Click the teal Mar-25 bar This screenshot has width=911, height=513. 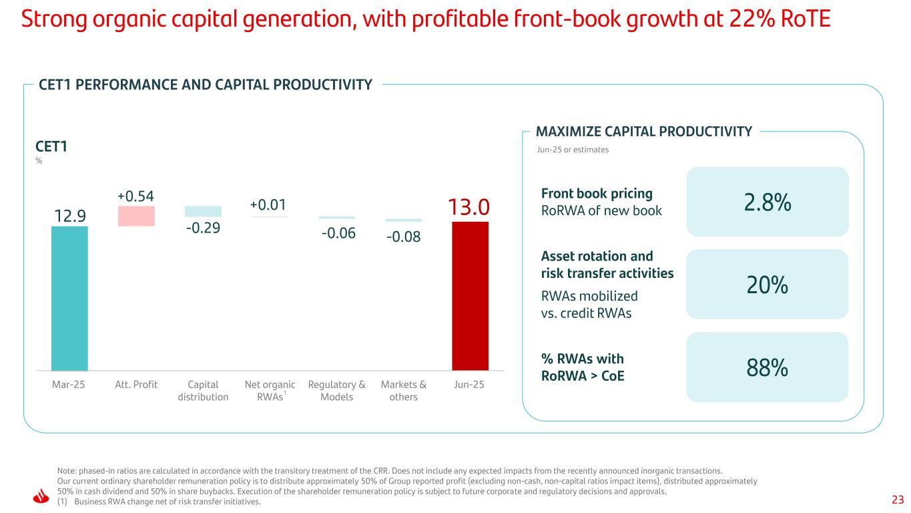(x=69, y=298)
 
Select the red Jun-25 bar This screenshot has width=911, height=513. (x=470, y=295)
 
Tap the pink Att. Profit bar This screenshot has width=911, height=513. (x=136, y=216)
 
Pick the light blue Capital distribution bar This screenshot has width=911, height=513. (x=203, y=211)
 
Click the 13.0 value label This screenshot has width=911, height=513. (x=470, y=206)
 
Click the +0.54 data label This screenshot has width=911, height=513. (x=136, y=196)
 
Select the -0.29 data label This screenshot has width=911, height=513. (x=203, y=228)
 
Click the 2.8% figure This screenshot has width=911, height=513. (x=767, y=202)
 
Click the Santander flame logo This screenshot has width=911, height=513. (x=41, y=496)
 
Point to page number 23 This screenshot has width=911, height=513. (x=897, y=499)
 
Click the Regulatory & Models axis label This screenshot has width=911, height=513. (x=336, y=391)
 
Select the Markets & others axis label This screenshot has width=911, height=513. (x=403, y=391)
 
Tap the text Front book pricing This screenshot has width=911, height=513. (x=597, y=193)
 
